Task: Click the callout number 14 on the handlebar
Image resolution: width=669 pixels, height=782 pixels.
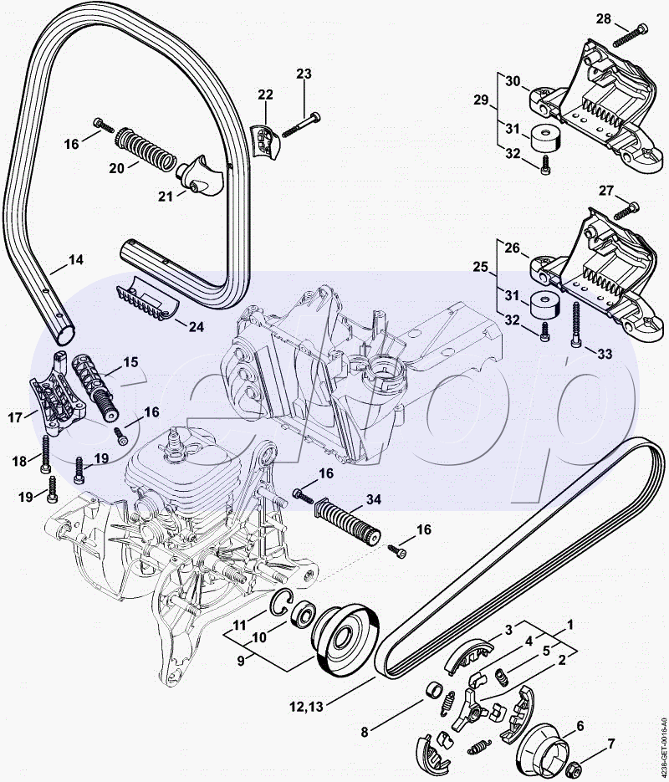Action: point(76,260)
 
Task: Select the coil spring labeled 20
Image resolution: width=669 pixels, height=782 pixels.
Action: point(146,149)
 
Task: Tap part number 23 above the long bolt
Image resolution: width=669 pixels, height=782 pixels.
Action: point(304,74)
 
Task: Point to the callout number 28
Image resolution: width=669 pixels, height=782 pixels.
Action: point(603,19)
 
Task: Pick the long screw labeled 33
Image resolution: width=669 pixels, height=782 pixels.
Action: point(576,325)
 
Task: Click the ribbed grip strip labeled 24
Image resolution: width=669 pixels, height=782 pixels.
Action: point(147,298)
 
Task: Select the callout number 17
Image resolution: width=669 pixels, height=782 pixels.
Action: point(15,417)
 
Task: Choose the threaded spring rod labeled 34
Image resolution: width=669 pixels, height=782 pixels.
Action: point(348,521)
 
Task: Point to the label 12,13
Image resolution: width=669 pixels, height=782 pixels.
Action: point(306,706)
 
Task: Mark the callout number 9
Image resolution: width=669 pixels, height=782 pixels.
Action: point(241,661)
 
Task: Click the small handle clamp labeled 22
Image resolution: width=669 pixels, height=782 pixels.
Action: point(265,141)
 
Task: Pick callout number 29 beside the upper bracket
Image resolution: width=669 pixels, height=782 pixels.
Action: point(481,100)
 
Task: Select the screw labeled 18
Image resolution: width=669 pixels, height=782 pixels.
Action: point(45,454)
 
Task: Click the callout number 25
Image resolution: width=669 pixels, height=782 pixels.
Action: point(481,267)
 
